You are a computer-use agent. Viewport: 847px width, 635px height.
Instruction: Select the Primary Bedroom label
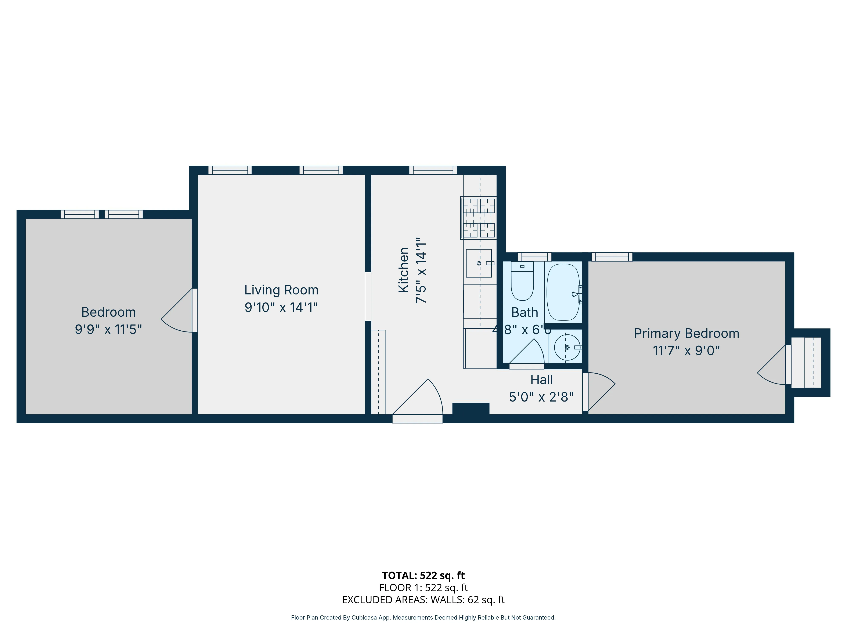tap(686, 333)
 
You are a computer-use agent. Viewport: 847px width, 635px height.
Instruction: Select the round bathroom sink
tap(567, 347)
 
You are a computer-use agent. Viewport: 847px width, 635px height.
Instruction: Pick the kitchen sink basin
tap(479, 263)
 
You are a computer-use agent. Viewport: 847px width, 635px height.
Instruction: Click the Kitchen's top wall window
tap(433, 170)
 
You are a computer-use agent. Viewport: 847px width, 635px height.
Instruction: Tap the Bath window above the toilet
tap(534, 257)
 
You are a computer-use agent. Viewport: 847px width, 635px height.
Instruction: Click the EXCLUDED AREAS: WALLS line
tap(423, 600)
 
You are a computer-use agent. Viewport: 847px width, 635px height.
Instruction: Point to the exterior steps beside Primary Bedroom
tap(806, 362)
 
